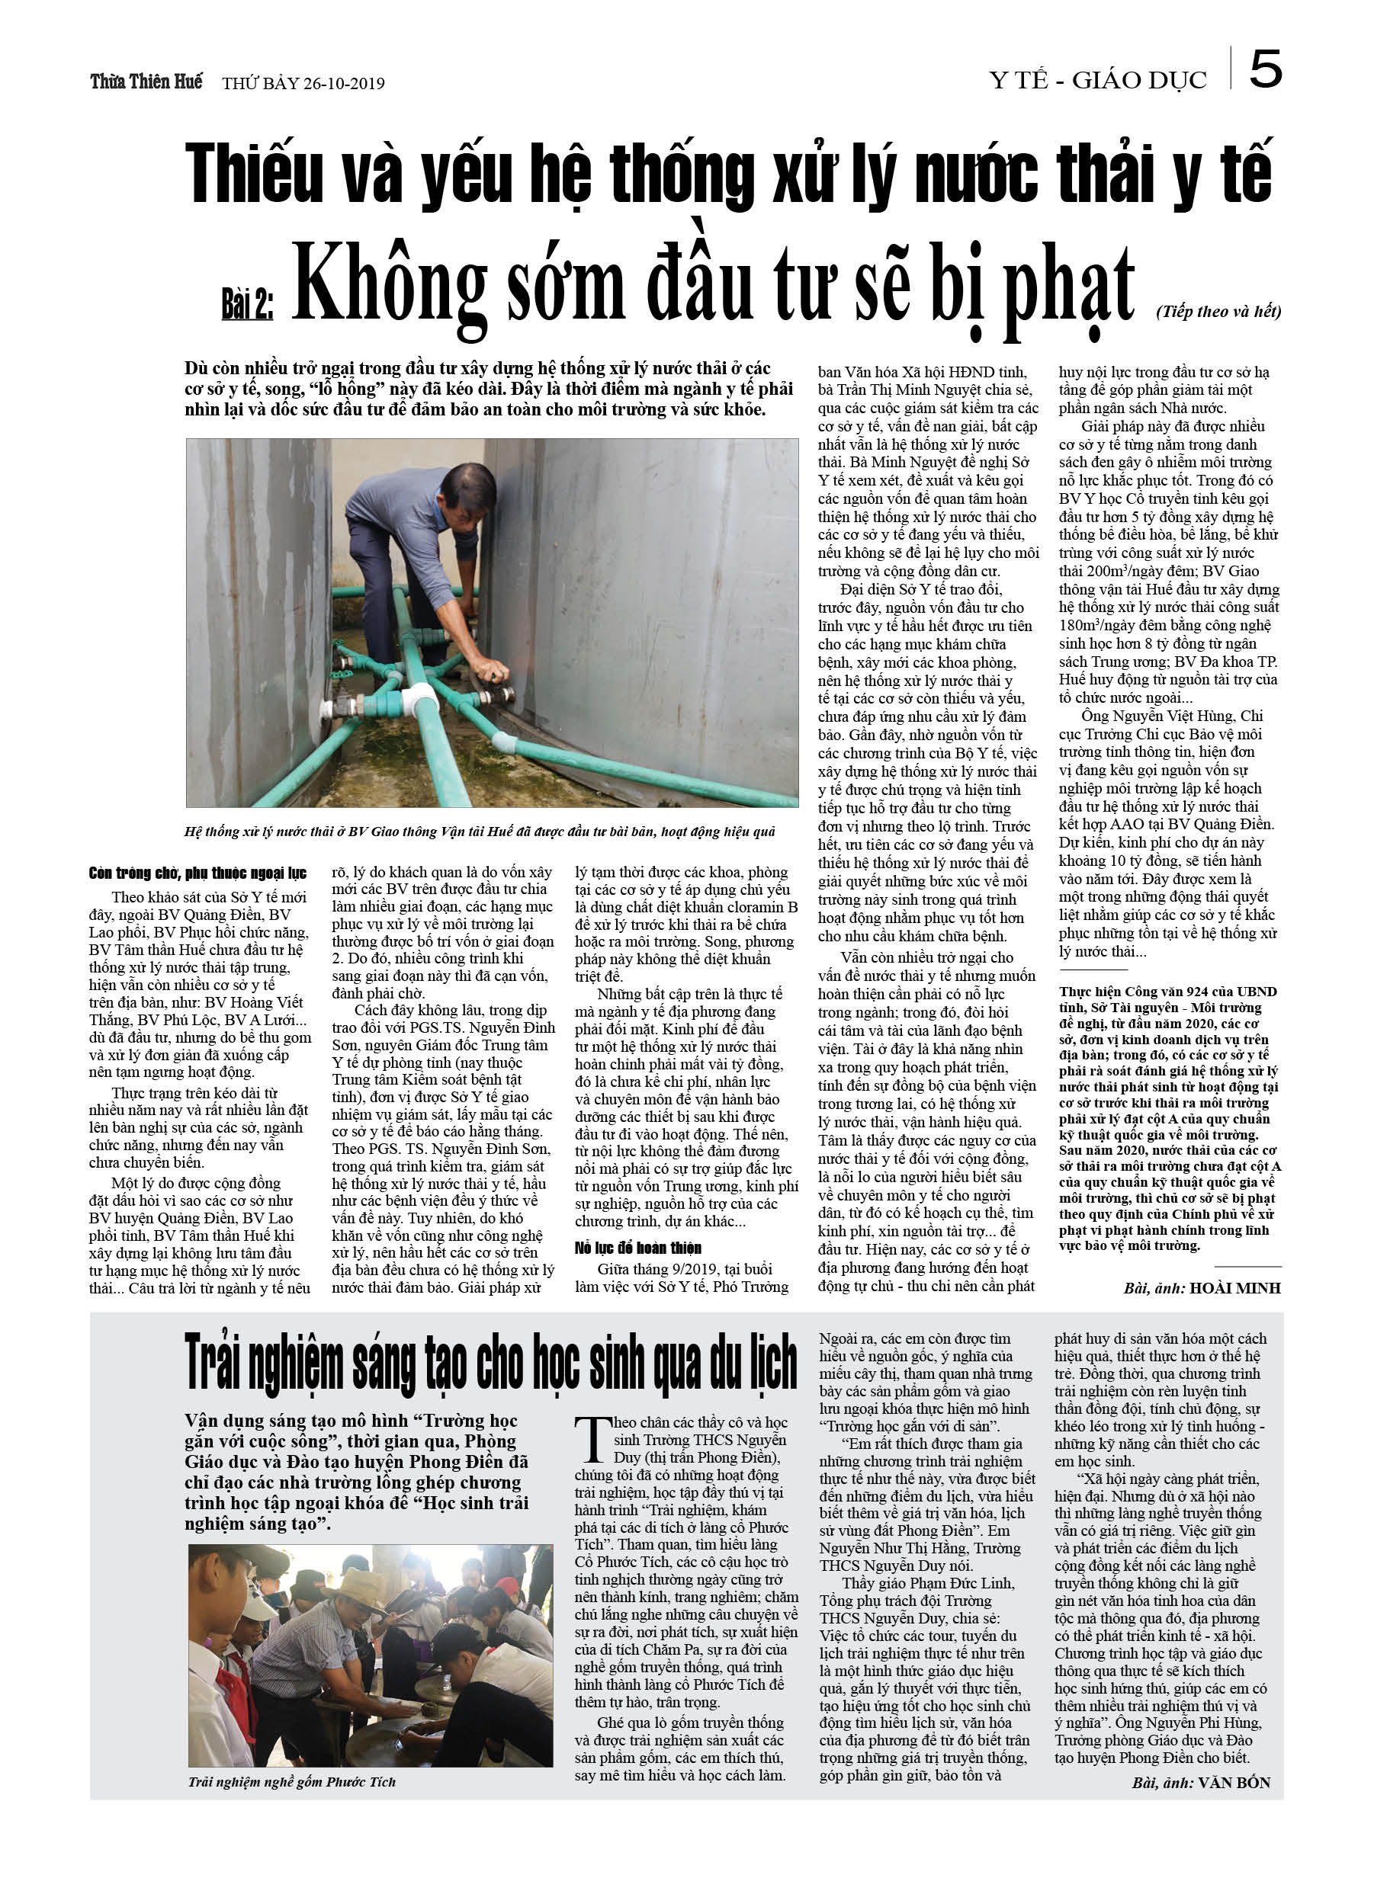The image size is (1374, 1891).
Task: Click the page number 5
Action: click(1265, 70)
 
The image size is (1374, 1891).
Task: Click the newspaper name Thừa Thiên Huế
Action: click(146, 82)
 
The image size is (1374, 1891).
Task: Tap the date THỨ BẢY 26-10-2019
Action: click(303, 83)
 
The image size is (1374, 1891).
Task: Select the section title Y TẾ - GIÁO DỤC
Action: click(1097, 81)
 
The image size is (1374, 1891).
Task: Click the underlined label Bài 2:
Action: click(247, 306)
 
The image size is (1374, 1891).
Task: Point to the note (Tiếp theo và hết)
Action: click(1218, 311)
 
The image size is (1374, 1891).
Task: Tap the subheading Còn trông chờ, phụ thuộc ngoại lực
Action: click(197, 873)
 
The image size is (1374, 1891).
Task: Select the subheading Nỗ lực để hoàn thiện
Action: click(638, 1247)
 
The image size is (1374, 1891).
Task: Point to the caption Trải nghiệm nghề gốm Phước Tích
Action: click(292, 1782)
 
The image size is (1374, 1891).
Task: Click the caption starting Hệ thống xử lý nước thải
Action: click(480, 832)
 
